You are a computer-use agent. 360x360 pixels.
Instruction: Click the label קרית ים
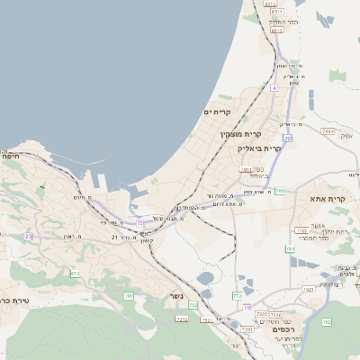(x=219, y=112)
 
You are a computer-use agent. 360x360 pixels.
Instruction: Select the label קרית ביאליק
(x=259, y=148)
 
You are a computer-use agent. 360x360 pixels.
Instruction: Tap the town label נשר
(x=176, y=296)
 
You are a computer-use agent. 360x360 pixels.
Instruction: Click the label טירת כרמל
(x=14, y=301)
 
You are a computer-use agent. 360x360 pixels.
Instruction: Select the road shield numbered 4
(x=273, y=89)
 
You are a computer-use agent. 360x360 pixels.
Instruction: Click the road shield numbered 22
(x=287, y=139)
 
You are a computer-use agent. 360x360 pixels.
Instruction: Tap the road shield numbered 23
(x=28, y=236)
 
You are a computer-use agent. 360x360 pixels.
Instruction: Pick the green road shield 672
(x=75, y=273)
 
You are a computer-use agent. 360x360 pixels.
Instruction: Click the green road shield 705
(x=129, y=295)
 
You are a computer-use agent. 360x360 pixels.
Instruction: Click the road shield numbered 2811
(x=247, y=168)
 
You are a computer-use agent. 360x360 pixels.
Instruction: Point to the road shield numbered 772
(x=237, y=295)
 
